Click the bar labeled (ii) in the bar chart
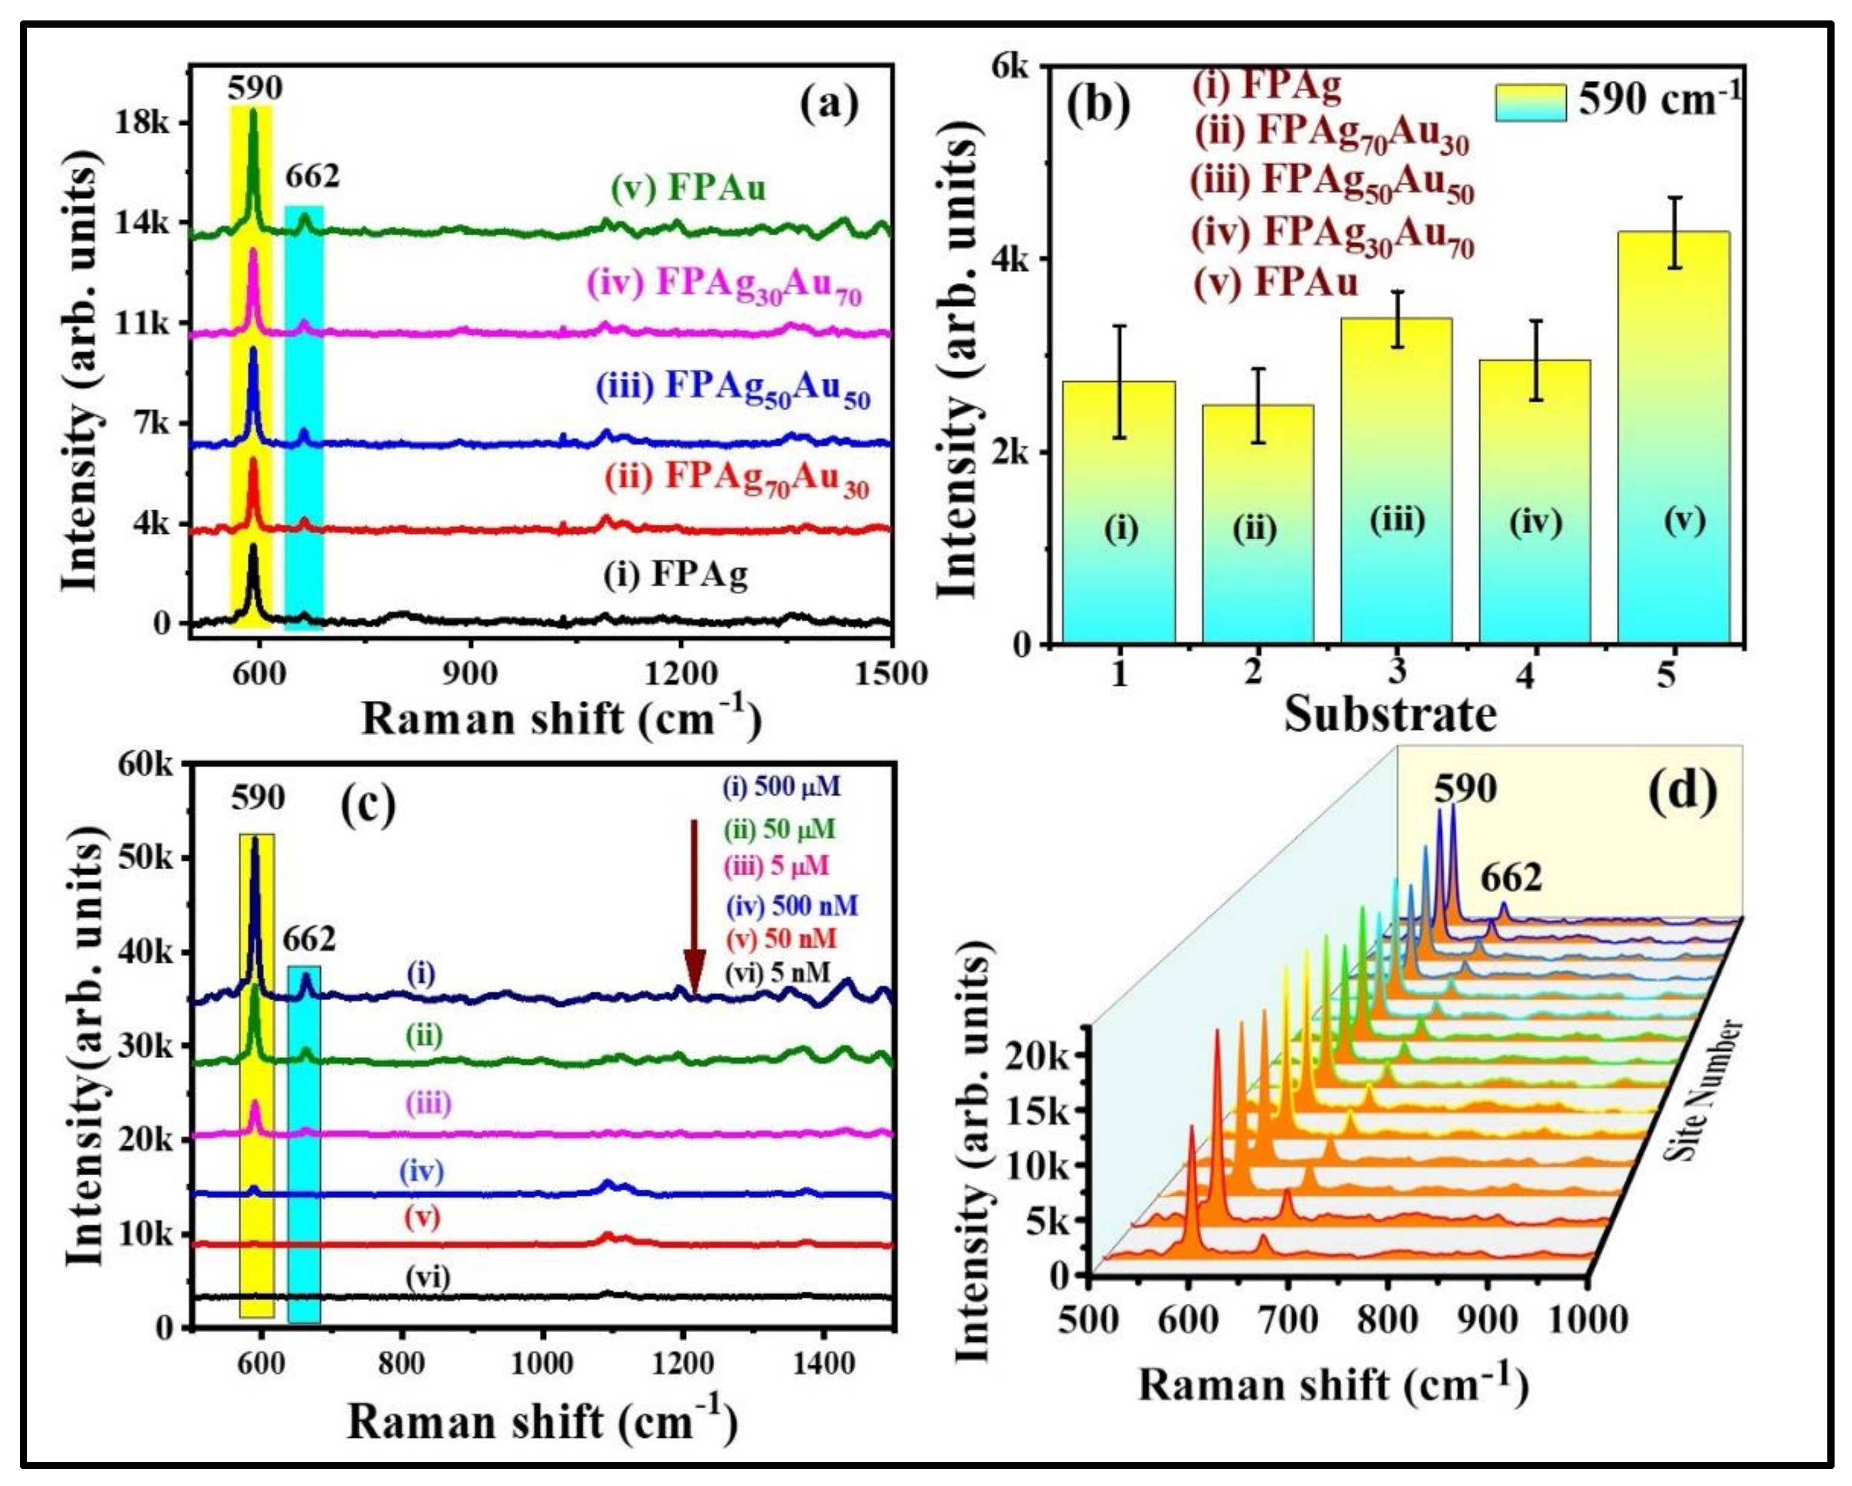1258,524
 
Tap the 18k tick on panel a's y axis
142,123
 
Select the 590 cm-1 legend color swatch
1530,102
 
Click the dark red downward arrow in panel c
694,953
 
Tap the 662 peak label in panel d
1512,878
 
